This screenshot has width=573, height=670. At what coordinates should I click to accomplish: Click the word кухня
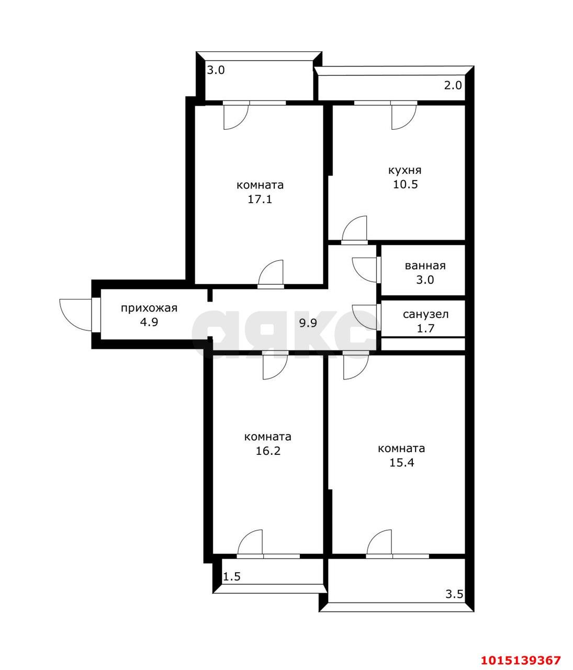[x=405, y=171]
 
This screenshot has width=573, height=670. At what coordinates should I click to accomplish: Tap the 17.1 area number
[x=260, y=199]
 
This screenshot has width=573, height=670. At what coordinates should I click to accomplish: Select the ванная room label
[x=425, y=266]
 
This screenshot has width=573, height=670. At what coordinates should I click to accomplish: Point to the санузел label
[x=425, y=314]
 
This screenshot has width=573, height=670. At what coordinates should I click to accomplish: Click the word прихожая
[x=149, y=308]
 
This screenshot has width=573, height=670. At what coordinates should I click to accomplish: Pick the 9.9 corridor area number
[x=308, y=323]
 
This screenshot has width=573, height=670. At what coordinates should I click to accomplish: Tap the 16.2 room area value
[x=268, y=451]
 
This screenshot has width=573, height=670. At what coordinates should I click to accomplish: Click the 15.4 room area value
[x=401, y=463]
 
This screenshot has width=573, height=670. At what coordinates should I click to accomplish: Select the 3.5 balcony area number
[x=454, y=594]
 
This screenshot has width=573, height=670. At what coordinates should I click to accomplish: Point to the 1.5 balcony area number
[x=232, y=577]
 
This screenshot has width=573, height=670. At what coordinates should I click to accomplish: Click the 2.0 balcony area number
[x=453, y=85]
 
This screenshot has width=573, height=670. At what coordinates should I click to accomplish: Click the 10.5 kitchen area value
[x=406, y=184]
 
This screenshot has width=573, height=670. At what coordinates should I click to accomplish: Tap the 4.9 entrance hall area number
[x=149, y=322]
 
